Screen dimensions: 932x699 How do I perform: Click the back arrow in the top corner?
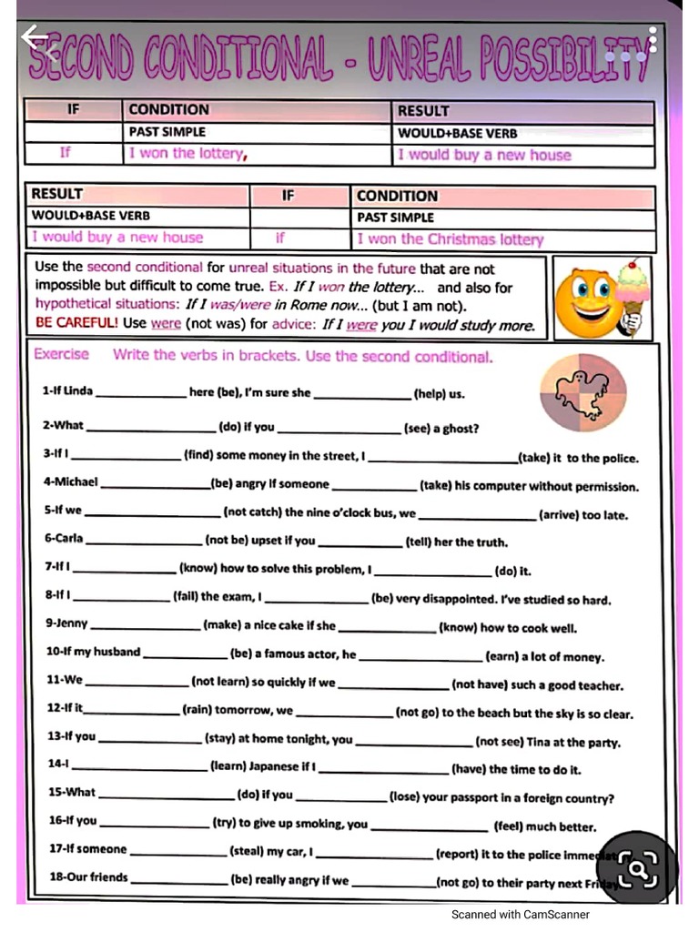(35, 38)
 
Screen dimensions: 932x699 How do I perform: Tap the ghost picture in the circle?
(583, 392)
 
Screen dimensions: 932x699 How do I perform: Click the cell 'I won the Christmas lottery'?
(450, 239)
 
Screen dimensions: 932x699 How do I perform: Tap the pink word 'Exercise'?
(61, 354)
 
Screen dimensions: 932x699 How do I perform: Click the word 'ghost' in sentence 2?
(461, 429)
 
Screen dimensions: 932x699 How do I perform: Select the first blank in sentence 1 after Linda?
(140, 394)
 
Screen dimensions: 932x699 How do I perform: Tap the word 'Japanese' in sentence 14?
(274, 767)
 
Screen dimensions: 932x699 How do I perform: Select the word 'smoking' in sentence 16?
(338, 824)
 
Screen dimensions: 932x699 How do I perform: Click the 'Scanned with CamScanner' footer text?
(521, 915)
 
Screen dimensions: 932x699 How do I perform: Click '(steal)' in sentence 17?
(247, 853)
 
